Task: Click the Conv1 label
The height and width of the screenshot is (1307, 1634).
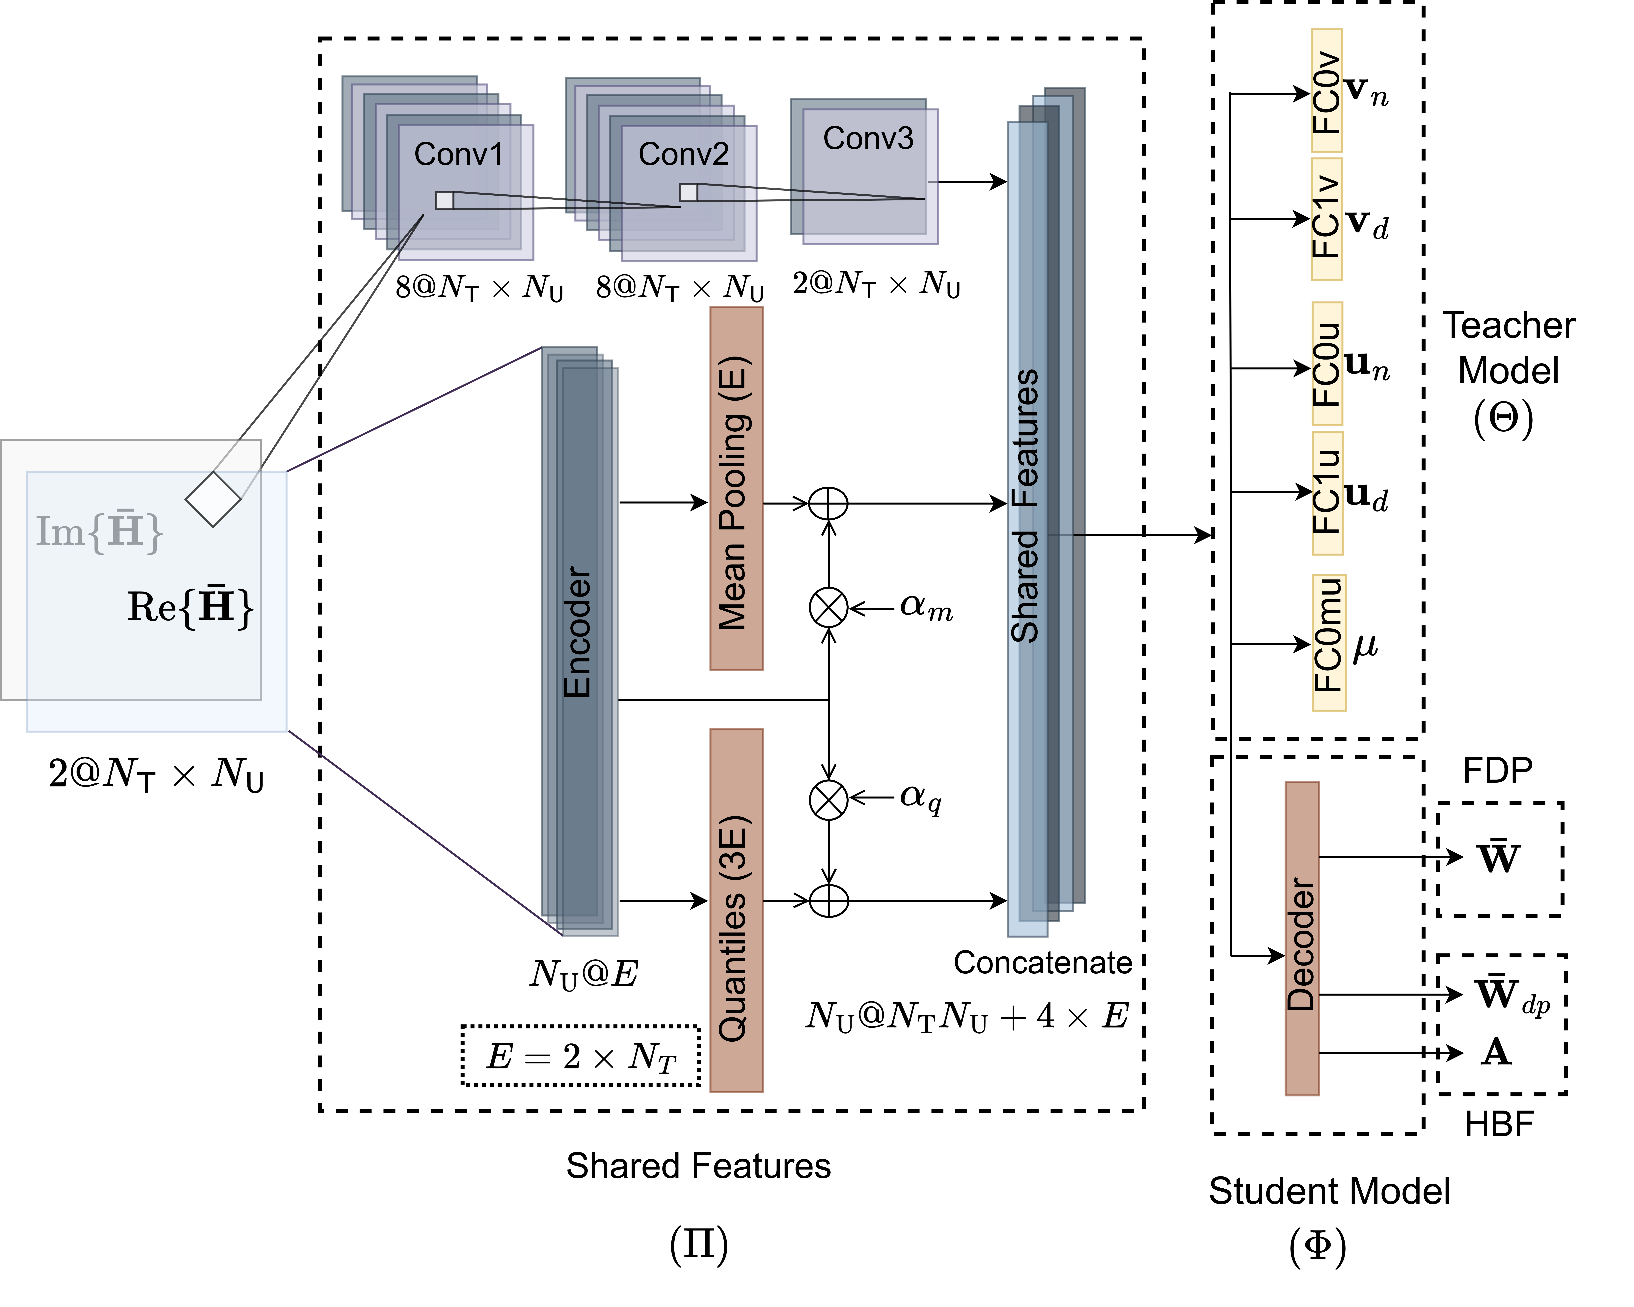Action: pos(458,155)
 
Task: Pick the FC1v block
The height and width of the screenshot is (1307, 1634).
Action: pos(1326,218)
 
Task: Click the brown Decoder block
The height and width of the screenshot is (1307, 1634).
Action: pos(1301,939)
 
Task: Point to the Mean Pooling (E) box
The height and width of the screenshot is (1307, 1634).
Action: pos(736,488)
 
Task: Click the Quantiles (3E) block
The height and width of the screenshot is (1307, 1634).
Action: pos(736,910)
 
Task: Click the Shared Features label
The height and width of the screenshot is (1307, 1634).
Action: pos(1025,507)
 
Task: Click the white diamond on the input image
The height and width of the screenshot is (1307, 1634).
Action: pos(213,499)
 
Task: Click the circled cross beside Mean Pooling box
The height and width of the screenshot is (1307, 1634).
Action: pos(828,607)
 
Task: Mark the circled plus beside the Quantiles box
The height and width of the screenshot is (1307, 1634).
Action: pos(828,901)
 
